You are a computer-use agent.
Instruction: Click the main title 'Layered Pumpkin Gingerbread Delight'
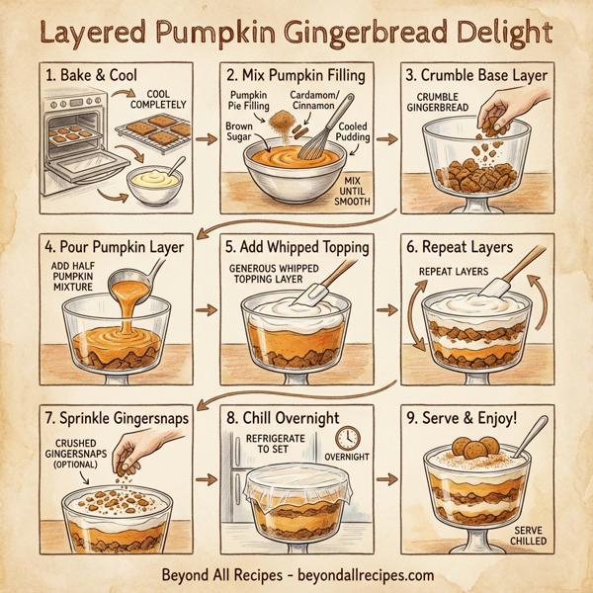(296, 32)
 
